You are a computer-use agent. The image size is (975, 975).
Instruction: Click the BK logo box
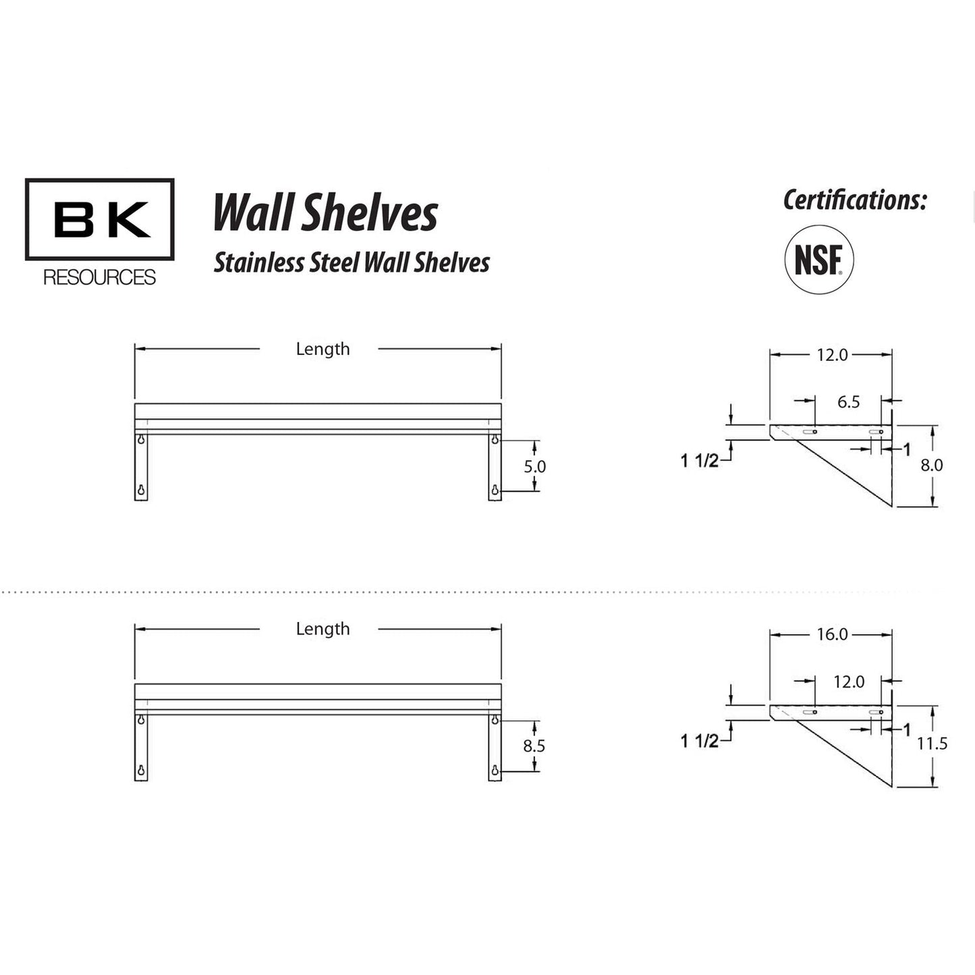100,219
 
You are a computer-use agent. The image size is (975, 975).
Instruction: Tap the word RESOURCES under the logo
100,277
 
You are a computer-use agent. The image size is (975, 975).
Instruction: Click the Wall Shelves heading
326,213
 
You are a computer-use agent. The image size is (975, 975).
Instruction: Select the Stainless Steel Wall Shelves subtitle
352,262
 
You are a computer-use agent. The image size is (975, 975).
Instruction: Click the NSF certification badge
818,260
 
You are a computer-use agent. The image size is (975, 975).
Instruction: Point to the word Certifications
855,200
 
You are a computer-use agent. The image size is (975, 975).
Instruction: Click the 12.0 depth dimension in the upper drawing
832,355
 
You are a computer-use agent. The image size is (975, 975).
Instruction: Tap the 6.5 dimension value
848,402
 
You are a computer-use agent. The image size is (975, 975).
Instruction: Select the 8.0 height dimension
932,465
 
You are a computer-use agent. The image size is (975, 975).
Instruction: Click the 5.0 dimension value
535,466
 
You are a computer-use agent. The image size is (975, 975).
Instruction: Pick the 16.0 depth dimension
832,635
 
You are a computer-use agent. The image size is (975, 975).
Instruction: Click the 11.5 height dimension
932,744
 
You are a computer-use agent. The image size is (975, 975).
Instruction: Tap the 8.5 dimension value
534,746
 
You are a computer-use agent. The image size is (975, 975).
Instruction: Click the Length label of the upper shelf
323,349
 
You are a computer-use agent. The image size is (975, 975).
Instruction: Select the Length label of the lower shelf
323,629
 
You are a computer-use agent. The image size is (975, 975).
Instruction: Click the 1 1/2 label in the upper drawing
699,461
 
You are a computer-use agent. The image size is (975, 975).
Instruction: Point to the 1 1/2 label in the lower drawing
699,741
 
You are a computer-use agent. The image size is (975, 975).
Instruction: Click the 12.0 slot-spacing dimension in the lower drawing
848,682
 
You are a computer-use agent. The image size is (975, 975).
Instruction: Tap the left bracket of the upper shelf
141,466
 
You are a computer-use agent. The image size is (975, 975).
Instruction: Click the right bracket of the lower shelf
495,747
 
